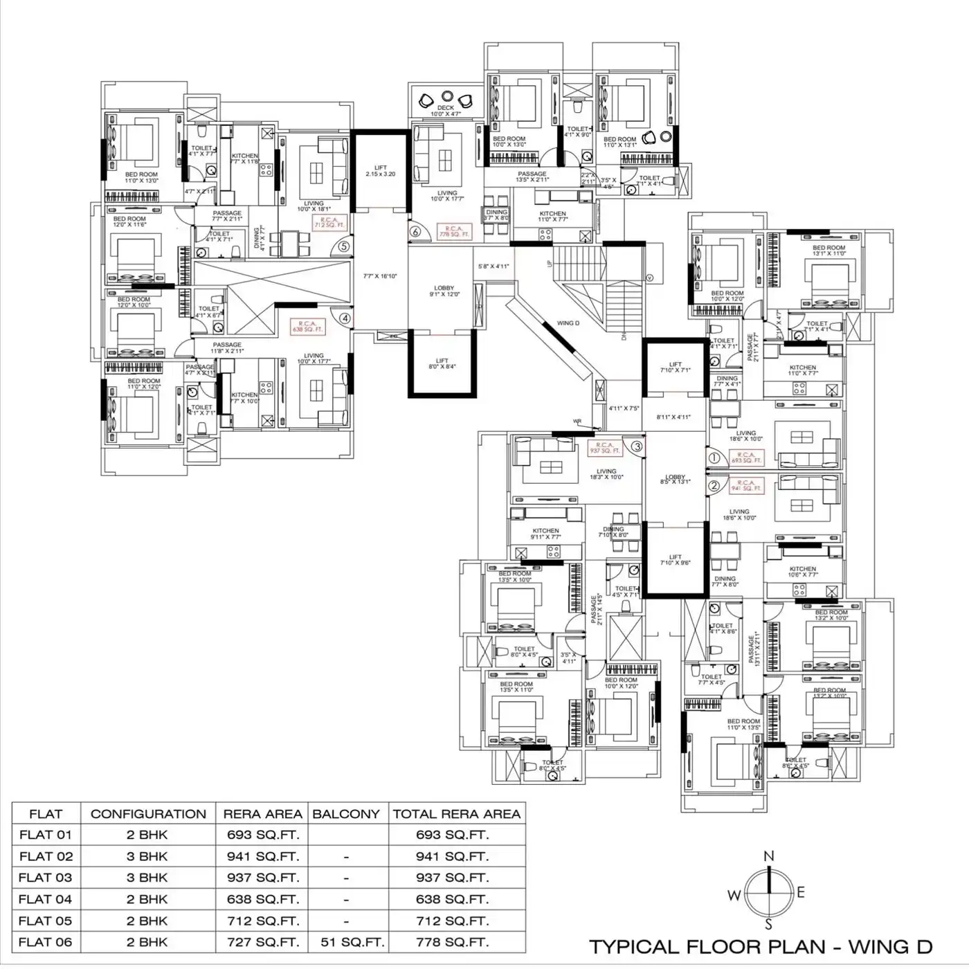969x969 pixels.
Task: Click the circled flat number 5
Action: coord(344,246)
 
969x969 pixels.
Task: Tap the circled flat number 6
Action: coord(415,232)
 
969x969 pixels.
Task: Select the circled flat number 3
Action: coord(637,446)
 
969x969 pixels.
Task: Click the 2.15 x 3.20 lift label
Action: coord(381,171)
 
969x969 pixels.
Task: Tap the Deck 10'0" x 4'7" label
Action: coord(446,111)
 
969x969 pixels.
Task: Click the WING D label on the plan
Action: coord(568,323)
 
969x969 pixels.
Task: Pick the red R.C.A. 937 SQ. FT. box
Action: coord(604,448)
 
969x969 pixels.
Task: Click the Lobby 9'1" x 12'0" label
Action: coord(444,291)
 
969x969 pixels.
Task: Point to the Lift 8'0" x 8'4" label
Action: coord(442,364)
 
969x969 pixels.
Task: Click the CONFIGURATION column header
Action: coord(148,814)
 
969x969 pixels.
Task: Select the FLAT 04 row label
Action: coord(46,899)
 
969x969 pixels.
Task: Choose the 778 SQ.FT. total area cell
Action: coord(452,942)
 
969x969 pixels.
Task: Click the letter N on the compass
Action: coord(768,857)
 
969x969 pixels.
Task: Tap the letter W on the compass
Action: coord(734,896)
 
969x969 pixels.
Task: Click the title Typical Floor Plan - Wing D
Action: coord(760,946)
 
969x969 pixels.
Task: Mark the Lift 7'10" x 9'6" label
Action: coord(676,560)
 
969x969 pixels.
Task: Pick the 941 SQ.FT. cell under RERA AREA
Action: coord(263,856)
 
